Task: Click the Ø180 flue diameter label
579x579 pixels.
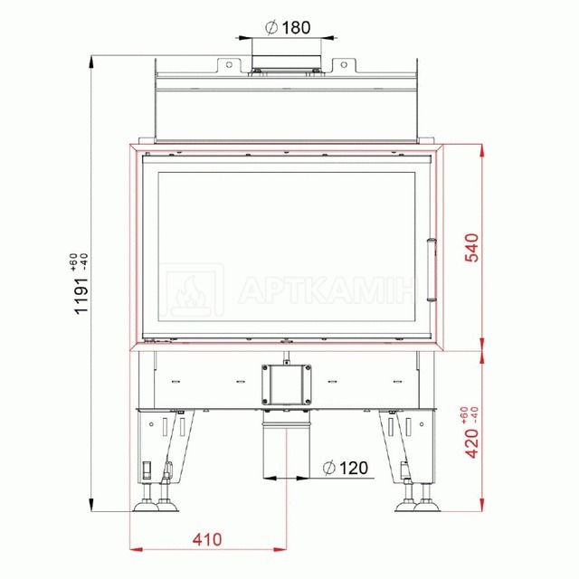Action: (288, 27)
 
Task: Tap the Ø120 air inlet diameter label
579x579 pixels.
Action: (346, 468)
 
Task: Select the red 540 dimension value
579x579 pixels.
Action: (472, 247)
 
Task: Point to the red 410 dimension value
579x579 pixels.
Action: (207, 539)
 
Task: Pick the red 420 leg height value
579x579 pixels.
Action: (472, 443)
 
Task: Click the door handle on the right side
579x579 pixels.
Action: (432, 270)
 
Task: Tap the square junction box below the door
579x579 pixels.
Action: (286, 384)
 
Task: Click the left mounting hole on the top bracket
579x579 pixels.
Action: (229, 64)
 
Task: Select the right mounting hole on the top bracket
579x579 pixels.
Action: (344, 64)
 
